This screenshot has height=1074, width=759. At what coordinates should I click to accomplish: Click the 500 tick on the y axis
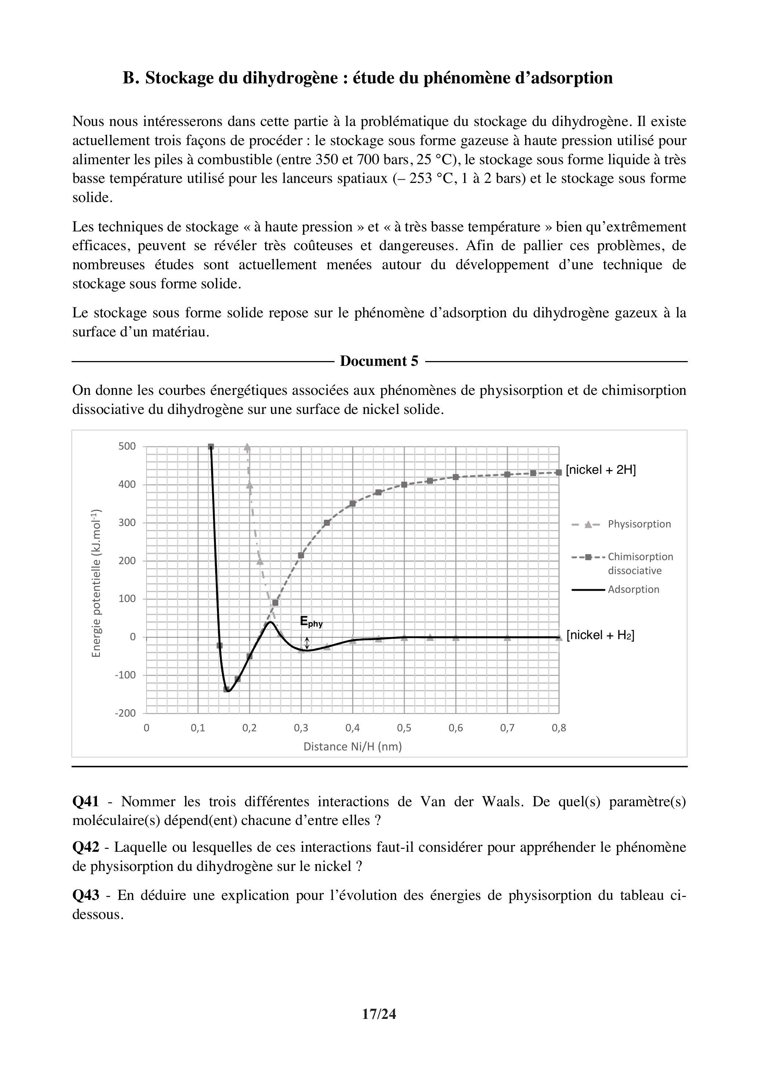(x=127, y=446)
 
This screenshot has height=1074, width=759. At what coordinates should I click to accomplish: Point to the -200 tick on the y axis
(x=125, y=713)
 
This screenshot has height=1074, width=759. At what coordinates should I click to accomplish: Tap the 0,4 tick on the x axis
(x=352, y=728)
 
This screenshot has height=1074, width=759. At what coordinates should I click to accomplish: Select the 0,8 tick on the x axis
(x=559, y=728)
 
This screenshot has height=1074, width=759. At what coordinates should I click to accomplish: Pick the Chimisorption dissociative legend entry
(x=640, y=563)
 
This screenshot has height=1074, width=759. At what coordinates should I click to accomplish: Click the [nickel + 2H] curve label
(x=600, y=470)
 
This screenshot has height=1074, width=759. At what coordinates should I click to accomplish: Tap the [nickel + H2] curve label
(x=600, y=635)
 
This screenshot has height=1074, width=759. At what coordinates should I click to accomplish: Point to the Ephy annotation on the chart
(x=311, y=622)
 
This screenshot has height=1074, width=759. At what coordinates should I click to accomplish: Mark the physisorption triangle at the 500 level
(x=247, y=447)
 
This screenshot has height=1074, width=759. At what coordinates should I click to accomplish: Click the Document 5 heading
(x=379, y=361)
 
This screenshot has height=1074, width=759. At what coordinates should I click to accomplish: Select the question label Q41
(x=86, y=802)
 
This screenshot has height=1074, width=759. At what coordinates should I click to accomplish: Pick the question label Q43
(x=86, y=895)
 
